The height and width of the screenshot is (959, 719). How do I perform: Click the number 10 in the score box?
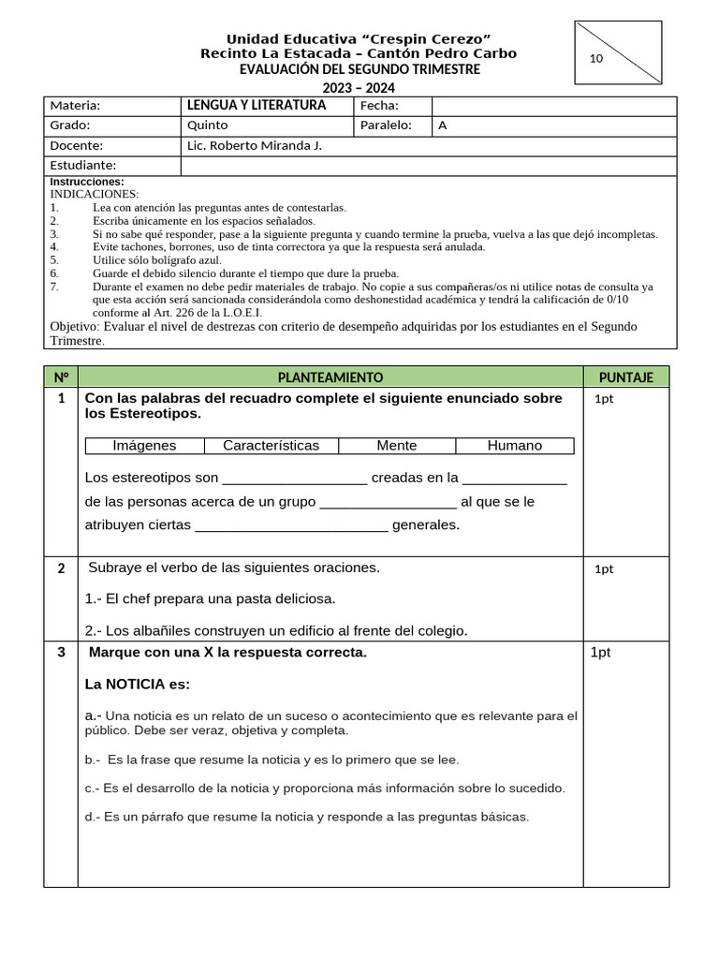pyautogui.click(x=596, y=59)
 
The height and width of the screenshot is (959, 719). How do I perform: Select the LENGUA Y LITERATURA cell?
pyautogui.click(x=257, y=106)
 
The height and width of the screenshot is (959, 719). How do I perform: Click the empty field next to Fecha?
pyautogui.click(x=553, y=106)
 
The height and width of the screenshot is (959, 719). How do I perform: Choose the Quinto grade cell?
pyautogui.click(x=208, y=125)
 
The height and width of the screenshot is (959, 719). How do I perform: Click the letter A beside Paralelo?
pyautogui.click(x=443, y=125)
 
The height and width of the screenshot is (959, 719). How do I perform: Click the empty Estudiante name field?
pyautogui.click(x=428, y=166)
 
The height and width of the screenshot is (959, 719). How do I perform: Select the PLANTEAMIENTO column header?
pyautogui.click(x=330, y=376)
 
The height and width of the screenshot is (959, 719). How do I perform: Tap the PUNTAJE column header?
pyautogui.click(x=625, y=376)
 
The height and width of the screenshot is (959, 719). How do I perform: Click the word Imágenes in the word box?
pyautogui.click(x=144, y=446)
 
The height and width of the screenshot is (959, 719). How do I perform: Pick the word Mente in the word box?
pyautogui.click(x=397, y=446)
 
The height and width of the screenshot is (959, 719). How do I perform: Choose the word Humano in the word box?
pyautogui.click(x=514, y=446)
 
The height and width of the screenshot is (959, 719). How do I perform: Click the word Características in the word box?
pyautogui.click(x=271, y=446)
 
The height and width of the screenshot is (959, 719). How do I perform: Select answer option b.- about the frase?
pyautogui.click(x=271, y=760)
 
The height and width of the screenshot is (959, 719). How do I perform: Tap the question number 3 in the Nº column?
pyautogui.click(x=61, y=653)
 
